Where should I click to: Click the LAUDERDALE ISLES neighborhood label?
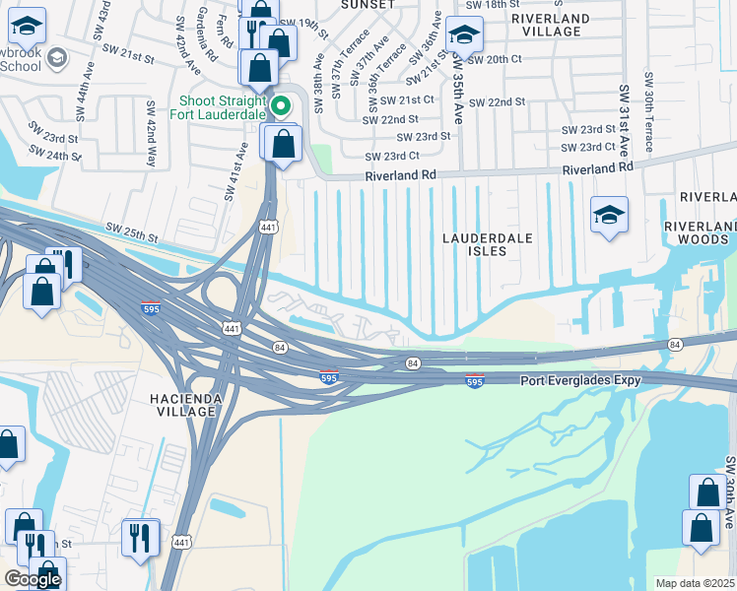point(487,244)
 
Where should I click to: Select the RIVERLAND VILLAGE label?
point(550,25)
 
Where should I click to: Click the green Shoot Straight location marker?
point(281,104)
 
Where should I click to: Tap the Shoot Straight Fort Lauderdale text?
point(222,106)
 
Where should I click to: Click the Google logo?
point(33,579)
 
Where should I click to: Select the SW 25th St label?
point(133,236)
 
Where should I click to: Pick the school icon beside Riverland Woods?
point(609,216)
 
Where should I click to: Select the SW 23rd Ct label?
point(392,157)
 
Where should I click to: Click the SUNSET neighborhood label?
point(367,5)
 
